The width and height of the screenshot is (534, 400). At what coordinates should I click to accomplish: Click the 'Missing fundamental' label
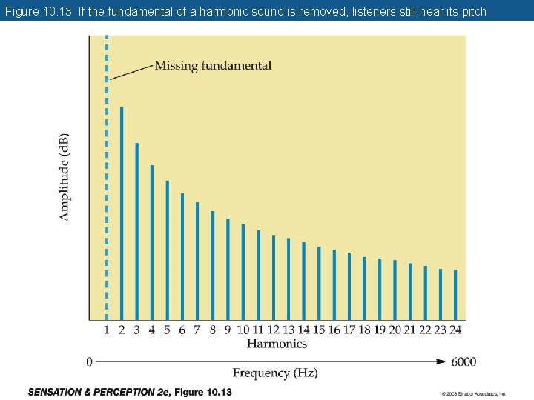pyautogui.click(x=213, y=66)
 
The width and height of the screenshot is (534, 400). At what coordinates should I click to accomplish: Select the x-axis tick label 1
pyautogui.click(x=106, y=330)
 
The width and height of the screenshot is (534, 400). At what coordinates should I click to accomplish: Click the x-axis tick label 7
pyautogui.click(x=197, y=330)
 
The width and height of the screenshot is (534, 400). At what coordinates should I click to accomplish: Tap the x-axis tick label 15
pyautogui.click(x=319, y=330)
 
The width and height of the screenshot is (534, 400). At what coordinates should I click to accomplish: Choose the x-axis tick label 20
pyautogui.click(x=395, y=330)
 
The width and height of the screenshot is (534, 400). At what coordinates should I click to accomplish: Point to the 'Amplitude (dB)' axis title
pyautogui.click(x=65, y=177)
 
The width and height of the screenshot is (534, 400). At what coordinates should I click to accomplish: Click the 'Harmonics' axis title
pyautogui.click(x=277, y=344)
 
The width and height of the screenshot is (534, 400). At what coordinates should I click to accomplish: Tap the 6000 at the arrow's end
pyautogui.click(x=463, y=362)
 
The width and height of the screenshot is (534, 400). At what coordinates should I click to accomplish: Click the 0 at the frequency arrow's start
pyautogui.click(x=89, y=362)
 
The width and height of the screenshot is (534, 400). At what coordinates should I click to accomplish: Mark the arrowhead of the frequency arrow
pyautogui.click(x=441, y=362)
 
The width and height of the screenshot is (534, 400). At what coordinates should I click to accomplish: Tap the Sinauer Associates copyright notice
pyautogui.click(x=473, y=393)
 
